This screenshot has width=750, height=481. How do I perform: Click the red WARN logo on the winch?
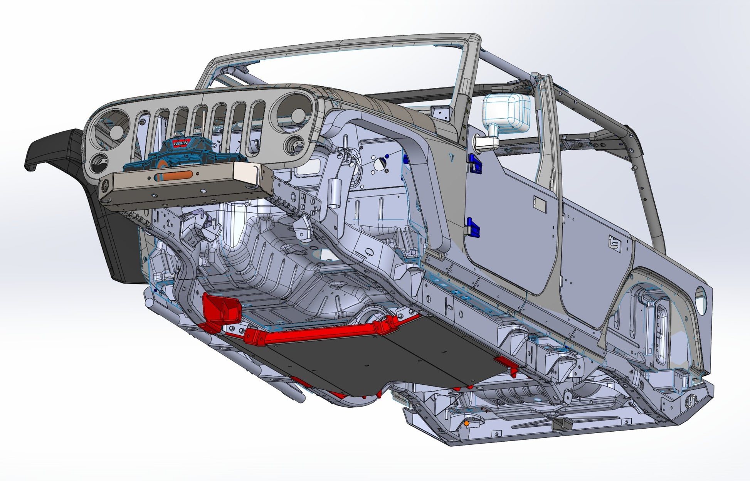(x=180, y=143)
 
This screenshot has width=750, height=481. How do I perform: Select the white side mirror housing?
(x=506, y=111)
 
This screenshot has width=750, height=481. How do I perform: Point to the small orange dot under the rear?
(x=466, y=423)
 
